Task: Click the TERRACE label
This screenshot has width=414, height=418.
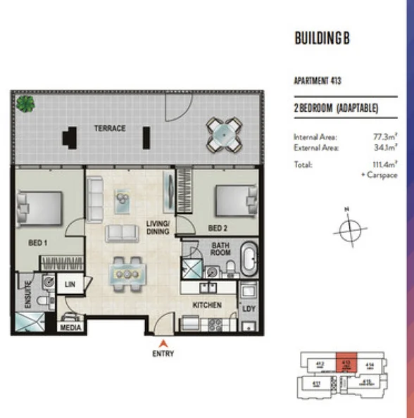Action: point(111,128)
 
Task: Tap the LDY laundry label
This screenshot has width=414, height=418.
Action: point(248,308)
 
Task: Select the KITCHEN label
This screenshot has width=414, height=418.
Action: point(208,305)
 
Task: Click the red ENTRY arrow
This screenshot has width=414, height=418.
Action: point(163,343)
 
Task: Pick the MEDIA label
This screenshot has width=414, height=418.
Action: point(71,328)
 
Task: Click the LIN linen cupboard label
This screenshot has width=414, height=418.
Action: point(70,284)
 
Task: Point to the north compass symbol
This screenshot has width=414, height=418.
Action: point(348,231)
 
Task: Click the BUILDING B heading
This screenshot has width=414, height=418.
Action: point(322,39)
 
